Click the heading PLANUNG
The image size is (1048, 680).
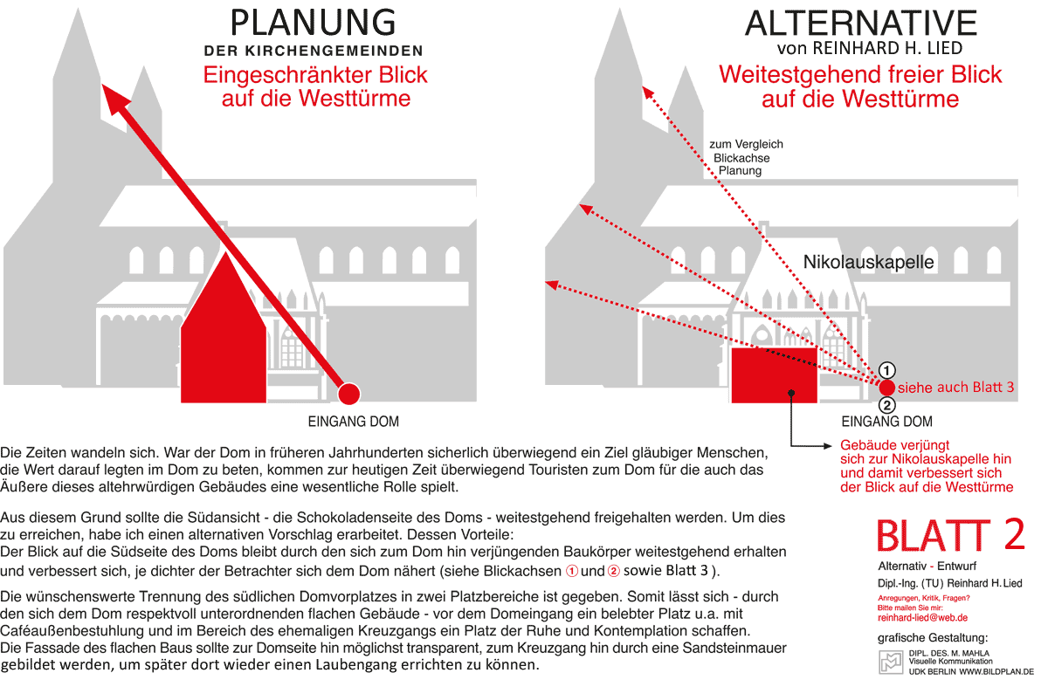coord(313,23)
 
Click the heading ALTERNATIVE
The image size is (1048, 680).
coord(861,24)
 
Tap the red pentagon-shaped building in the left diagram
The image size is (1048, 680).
coord(224,336)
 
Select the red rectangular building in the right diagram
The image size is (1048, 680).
coord(775,375)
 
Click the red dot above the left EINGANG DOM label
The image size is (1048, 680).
coord(348,394)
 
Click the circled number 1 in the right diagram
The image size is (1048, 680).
coord(886,370)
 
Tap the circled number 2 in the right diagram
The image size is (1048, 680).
coord(886,405)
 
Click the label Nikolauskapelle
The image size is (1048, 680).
coord(868,262)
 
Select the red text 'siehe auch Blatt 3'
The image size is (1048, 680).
coord(955,388)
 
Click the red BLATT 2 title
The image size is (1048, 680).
coord(950,535)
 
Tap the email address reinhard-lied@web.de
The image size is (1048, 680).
coord(922,618)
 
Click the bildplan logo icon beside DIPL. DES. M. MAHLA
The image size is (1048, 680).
coord(891,663)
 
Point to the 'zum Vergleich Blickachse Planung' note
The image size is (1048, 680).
coord(746,158)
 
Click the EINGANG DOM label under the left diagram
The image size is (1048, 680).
coord(353,422)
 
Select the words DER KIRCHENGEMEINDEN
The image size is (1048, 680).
coord(313,51)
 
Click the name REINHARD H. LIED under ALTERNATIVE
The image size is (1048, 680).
coord(887,48)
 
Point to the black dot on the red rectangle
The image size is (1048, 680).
coord(791,393)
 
